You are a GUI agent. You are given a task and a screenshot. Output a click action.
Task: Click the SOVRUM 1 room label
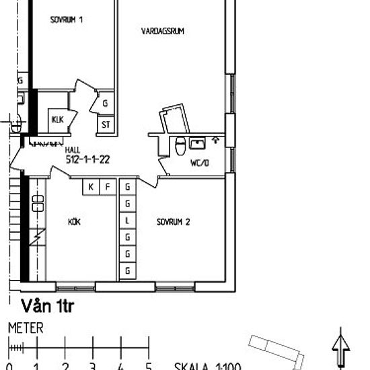(66, 20)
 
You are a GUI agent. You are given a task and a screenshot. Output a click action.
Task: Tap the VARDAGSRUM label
(163, 31)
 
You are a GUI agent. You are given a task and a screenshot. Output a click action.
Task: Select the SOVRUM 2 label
(174, 221)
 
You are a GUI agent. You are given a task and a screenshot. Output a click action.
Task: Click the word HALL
(73, 152)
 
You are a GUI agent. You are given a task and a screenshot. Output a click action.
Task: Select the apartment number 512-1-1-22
(88, 160)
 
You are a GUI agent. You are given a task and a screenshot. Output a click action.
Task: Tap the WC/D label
(200, 163)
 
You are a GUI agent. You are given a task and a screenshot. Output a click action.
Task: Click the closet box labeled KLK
(57, 120)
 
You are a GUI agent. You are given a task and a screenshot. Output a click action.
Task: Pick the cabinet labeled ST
(106, 124)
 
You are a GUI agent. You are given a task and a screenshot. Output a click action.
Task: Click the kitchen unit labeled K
(90, 186)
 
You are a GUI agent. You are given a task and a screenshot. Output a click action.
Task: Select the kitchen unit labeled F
(106, 186)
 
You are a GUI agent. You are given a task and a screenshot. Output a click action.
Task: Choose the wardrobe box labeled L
(126, 220)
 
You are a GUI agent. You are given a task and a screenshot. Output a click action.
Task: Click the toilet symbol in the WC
(180, 146)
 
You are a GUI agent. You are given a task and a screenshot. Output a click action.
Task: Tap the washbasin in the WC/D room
(197, 143)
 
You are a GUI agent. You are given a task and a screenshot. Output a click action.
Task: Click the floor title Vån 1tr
(47, 306)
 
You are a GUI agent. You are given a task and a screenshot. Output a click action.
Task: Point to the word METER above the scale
(26, 329)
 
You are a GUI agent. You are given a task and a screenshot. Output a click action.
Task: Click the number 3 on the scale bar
(92, 366)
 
